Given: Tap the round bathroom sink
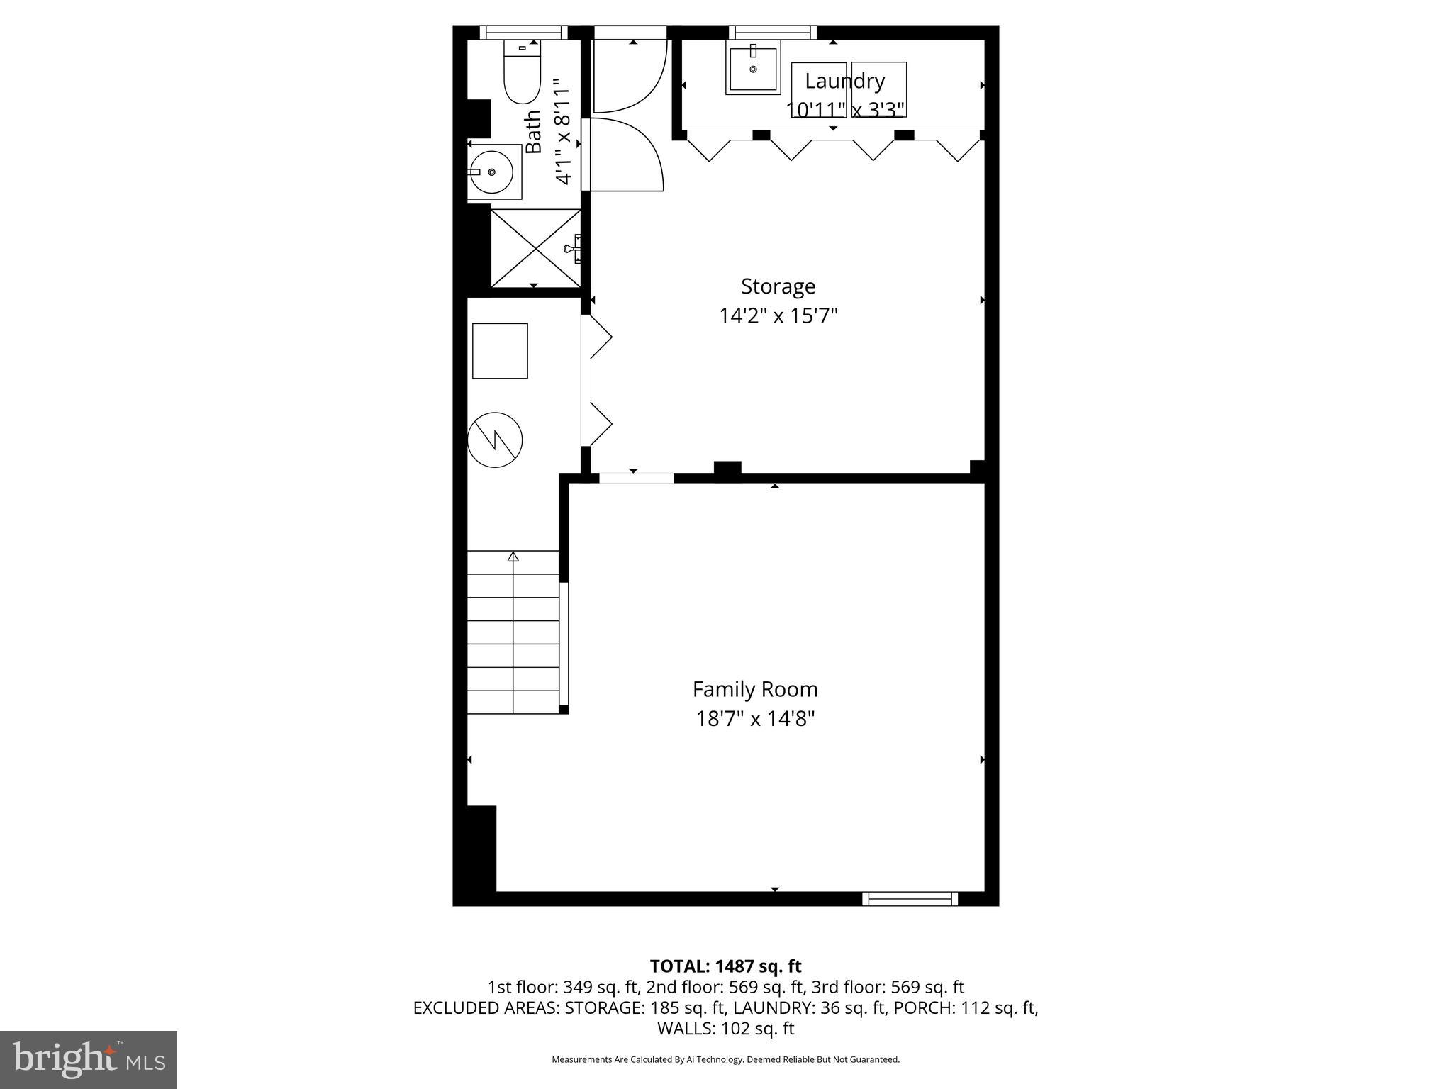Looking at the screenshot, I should (491, 172).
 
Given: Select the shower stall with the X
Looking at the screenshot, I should (535, 248).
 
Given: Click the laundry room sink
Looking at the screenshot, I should (752, 68).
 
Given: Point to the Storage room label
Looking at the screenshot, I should (778, 286).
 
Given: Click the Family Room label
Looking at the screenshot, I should (754, 689).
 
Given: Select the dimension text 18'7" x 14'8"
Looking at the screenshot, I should (754, 719).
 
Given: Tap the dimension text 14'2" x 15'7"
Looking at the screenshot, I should (778, 315).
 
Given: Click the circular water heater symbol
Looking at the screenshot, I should (495, 440).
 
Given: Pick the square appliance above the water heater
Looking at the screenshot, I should (500, 351).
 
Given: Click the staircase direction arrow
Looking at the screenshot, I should (513, 557).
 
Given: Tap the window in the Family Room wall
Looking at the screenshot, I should (910, 898).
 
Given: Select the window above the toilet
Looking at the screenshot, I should (523, 33).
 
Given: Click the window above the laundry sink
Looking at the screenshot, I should (772, 33).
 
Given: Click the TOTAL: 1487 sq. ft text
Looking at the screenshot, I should (725, 966).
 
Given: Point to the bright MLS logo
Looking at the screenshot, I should (89, 1059).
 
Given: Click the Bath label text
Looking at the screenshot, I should (533, 132).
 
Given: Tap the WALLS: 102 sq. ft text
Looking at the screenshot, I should (725, 1029).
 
